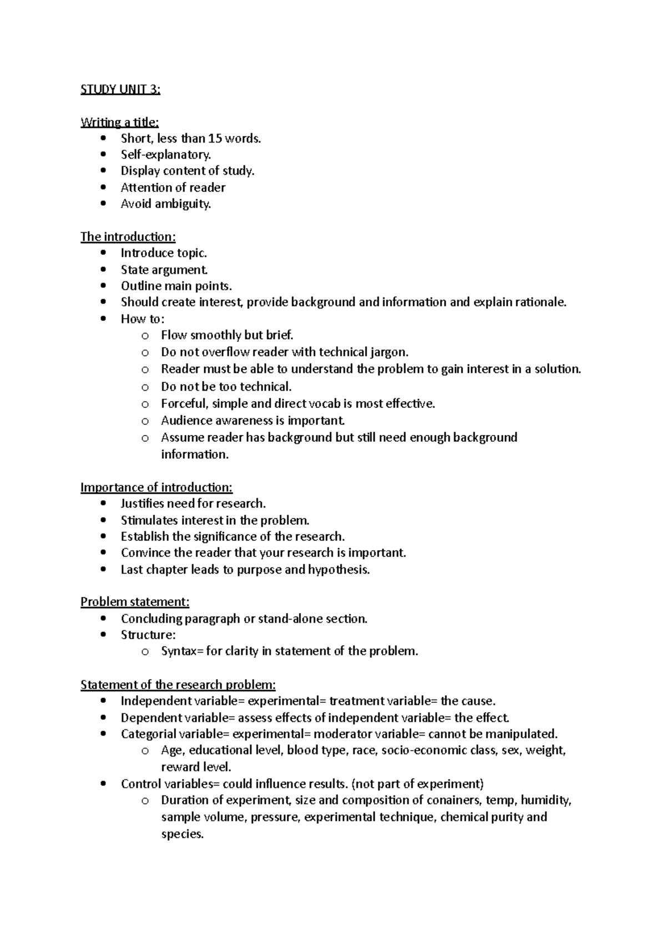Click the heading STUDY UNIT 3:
120,89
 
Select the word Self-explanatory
166,155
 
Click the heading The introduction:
128,237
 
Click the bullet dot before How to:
103,319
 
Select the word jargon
389,352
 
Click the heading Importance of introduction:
157,487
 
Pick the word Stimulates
148,520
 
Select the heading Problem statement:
135,602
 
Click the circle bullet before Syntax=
145,652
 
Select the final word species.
183,834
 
